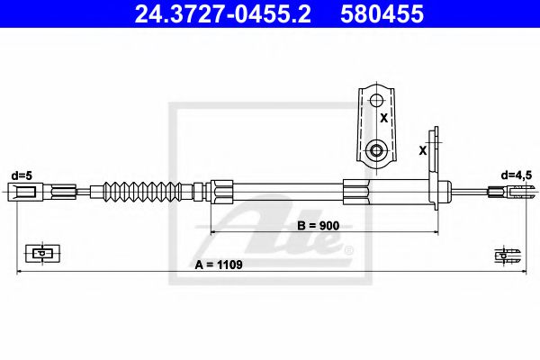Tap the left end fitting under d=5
[24, 191]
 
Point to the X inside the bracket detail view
[383, 117]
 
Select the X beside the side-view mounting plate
[423, 150]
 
